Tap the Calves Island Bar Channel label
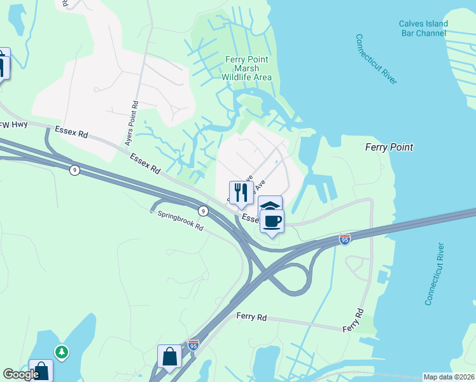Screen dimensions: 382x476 (423, 29)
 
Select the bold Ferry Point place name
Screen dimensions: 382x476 (389, 147)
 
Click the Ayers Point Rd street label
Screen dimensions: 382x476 (135, 112)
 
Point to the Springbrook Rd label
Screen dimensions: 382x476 (180, 221)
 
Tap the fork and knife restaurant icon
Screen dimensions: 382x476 (241, 192)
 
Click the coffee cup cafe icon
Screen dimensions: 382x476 (272, 222)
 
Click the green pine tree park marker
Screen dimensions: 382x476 (61, 351)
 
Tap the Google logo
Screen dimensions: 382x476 (21, 374)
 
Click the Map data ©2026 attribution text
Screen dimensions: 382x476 (449, 377)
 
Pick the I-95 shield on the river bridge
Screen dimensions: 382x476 (344, 239)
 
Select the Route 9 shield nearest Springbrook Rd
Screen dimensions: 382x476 (202, 210)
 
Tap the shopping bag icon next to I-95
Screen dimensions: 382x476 (170, 356)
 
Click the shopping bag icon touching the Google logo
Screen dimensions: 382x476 (41, 371)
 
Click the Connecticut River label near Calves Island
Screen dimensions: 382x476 (376, 59)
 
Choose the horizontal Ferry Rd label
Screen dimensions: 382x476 (250, 316)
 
